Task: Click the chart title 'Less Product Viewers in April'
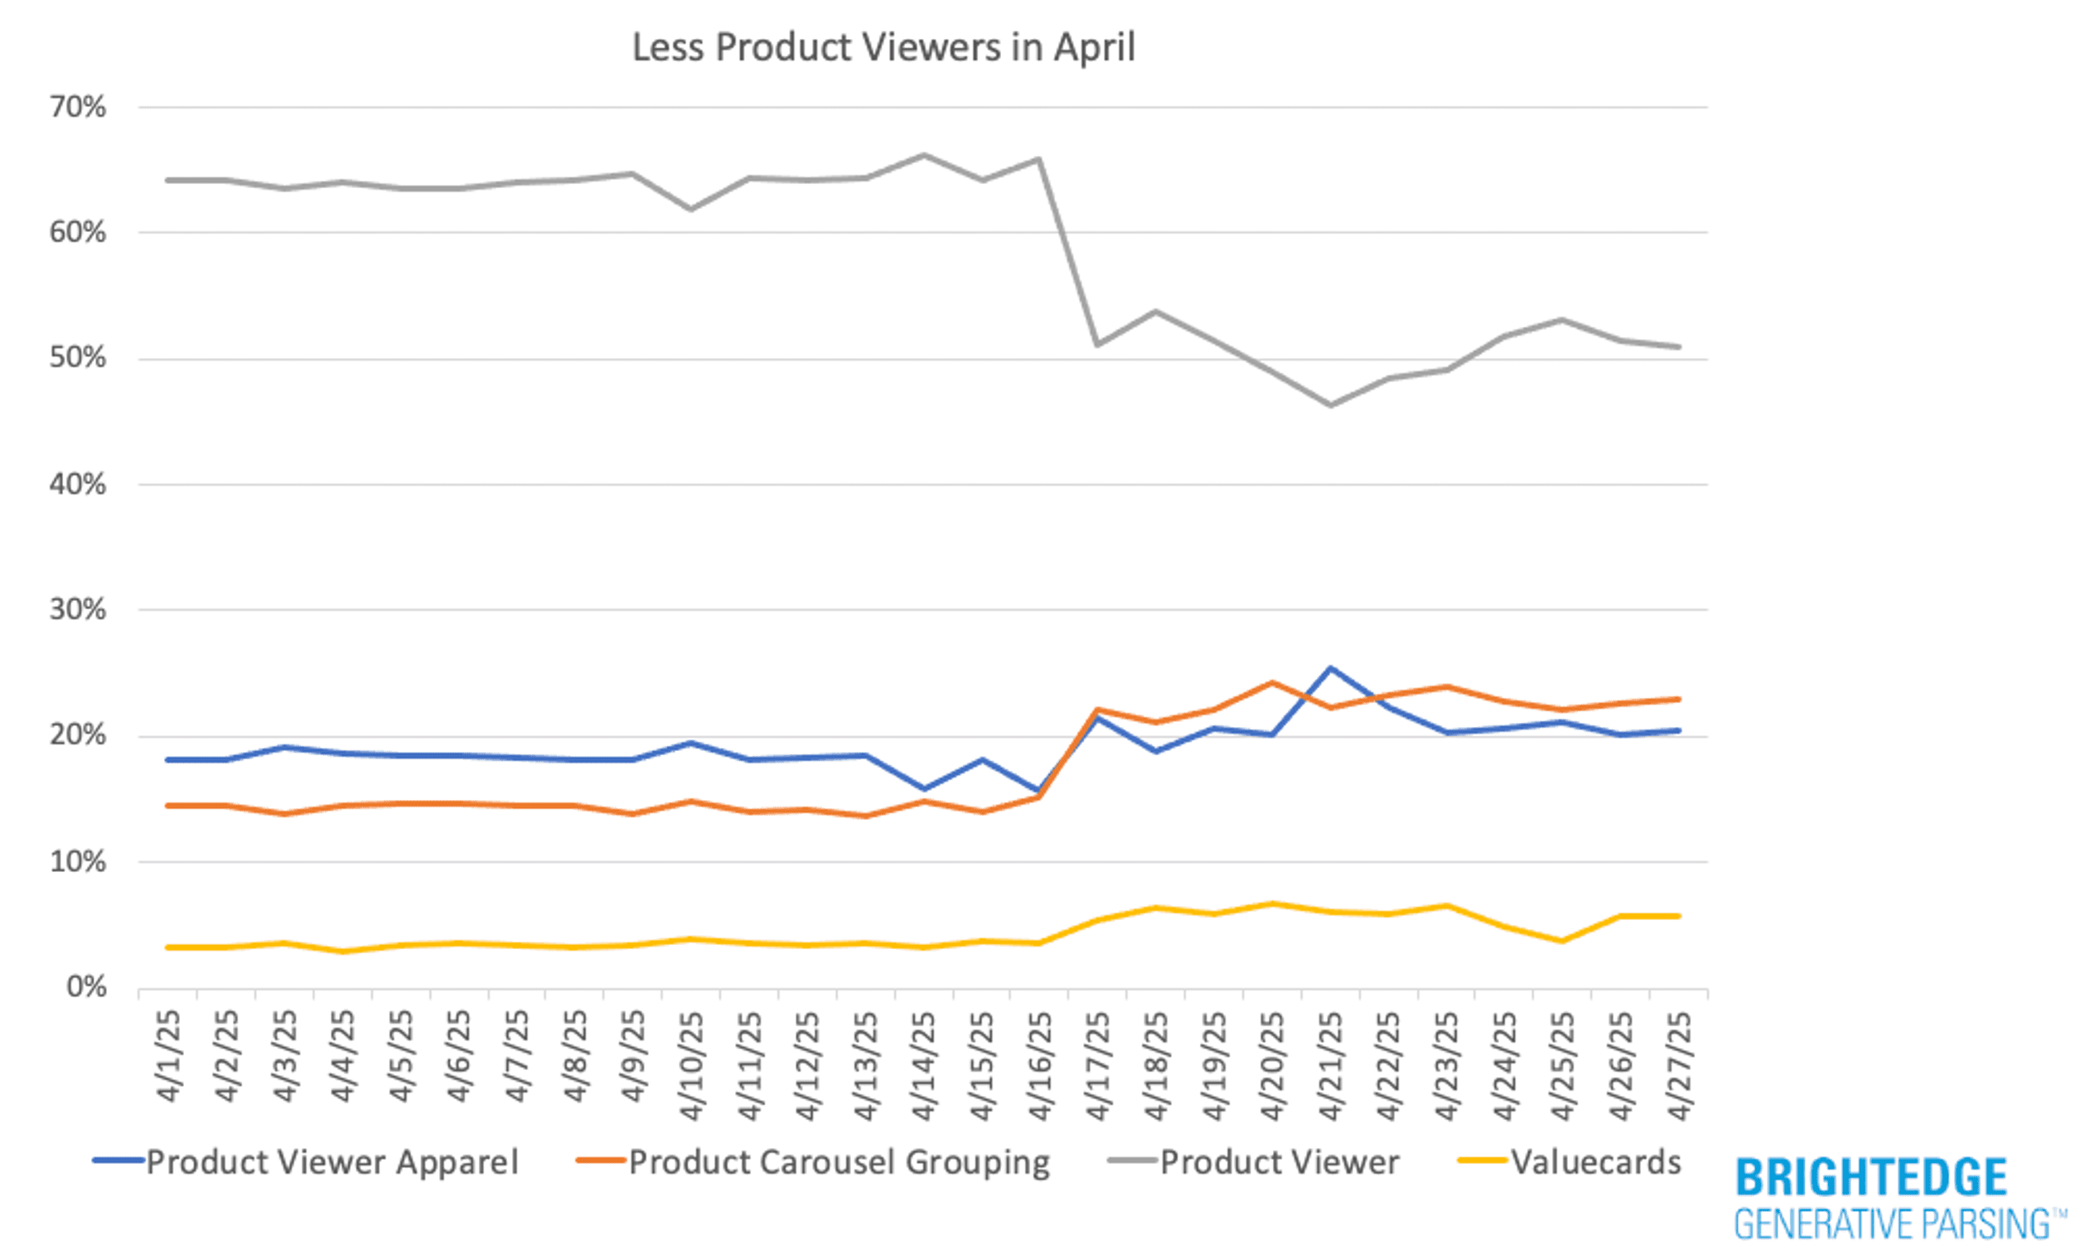(883, 47)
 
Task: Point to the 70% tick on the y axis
(78, 108)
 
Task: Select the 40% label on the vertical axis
(78, 485)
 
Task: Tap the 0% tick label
(86, 987)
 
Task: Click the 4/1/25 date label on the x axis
(169, 1057)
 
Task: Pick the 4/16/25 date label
(1039, 1065)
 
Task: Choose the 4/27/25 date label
(1678, 1065)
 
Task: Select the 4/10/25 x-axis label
(692, 1065)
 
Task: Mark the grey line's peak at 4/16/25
(1038, 158)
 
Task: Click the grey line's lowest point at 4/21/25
(1330, 405)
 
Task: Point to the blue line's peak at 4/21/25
(1330, 668)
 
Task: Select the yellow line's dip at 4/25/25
(1562, 942)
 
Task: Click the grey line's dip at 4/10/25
(691, 209)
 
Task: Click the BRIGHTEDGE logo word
(1871, 1178)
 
